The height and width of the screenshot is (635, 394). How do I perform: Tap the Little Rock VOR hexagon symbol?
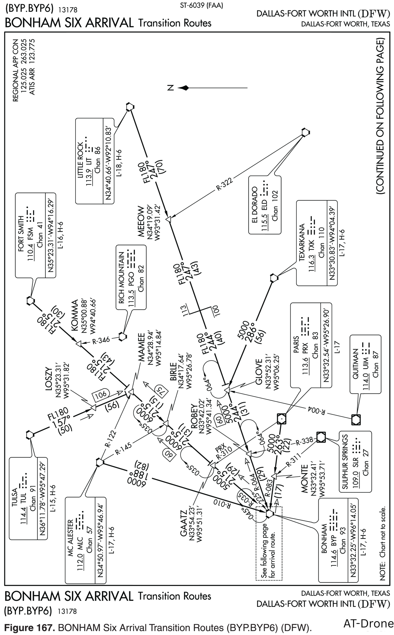(130, 107)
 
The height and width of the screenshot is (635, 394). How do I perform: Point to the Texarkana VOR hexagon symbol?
(274, 278)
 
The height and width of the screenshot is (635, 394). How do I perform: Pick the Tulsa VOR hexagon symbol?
(30, 435)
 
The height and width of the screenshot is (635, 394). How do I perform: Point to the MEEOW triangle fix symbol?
(169, 219)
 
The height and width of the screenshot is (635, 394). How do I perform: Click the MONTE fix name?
(304, 479)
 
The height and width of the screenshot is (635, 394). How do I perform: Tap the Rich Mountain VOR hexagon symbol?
(122, 336)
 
